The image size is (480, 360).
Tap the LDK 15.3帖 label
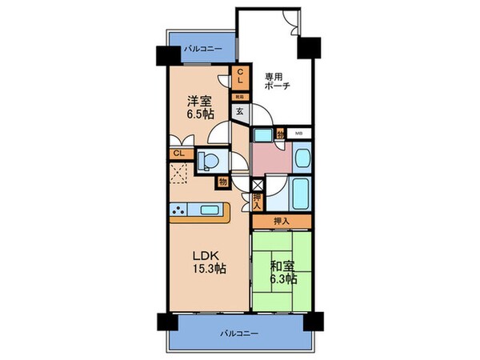(207, 262)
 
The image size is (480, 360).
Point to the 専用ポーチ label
(277, 82)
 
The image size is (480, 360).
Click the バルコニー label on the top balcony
(203, 50)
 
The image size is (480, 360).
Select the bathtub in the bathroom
(303, 194)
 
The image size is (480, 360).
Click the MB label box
(299, 133)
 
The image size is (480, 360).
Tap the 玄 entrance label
(239, 112)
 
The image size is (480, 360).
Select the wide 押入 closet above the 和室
(281, 220)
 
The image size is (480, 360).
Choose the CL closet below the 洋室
(178, 152)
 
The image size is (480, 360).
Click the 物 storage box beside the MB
(280, 133)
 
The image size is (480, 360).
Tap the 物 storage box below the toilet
(220, 182)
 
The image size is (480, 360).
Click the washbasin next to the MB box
(303, 157)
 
